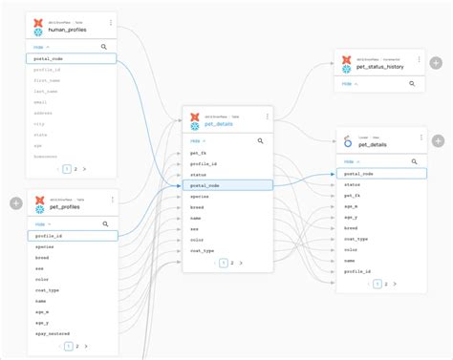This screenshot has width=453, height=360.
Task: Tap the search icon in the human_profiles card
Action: (103, 46)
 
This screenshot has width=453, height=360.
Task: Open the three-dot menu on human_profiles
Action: (110, 22)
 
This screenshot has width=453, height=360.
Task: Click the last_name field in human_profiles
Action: (47, 93)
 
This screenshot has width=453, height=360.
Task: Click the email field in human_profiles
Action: (40, 103)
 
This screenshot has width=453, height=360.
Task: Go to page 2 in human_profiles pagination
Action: (75, 169)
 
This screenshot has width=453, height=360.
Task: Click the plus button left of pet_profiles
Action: (15, 203)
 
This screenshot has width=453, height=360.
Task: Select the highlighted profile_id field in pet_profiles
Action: (50, 235)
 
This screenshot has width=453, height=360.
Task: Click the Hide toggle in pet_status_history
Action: (349, 84)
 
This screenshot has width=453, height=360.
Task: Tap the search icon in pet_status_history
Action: (412, 84)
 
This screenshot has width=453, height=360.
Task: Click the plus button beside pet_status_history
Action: (438, 65)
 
